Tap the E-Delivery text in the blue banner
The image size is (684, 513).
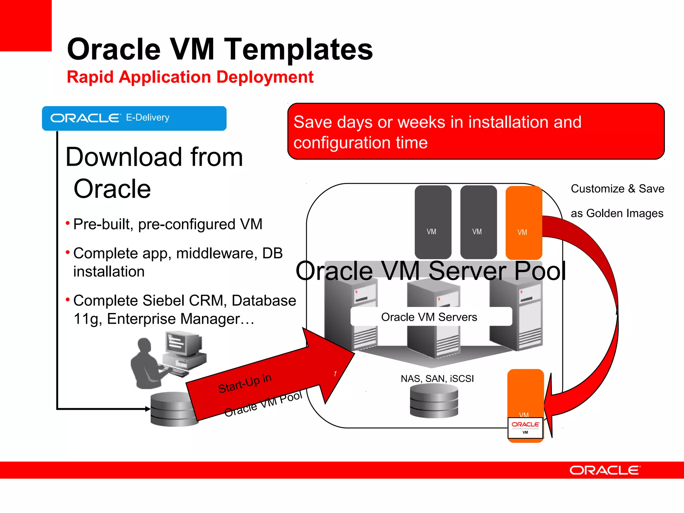(x=148, y=118)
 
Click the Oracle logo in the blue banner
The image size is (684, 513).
(x=85, y=118)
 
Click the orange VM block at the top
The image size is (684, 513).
(x=523, y=222)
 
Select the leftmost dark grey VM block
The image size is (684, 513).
(x=433, y=222)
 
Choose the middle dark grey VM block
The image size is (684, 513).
(x=478, y=222)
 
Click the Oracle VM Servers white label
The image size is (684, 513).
(x=431, y=317)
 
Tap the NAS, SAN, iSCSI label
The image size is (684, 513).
(x=437, y=378)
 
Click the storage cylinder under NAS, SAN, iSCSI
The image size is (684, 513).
(x=434, y=401)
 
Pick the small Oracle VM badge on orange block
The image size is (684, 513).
(x=525, y=427)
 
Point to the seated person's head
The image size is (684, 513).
(x=145, y=346)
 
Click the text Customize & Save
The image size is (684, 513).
(x=617, y=189)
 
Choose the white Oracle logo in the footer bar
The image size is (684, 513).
(x=605, y=470)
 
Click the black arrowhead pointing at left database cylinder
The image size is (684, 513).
(x=147, y=408)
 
